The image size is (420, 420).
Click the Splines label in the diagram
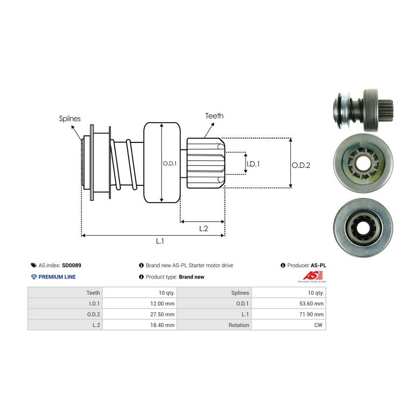[70, 119]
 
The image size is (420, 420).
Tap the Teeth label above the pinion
[214, 116]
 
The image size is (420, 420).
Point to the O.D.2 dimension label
[301, 165]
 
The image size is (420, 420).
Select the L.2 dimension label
[203, 228]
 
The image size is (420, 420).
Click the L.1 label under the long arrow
[160, 241]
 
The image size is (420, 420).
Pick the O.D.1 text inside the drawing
[169, 163]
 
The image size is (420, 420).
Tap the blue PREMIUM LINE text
[57, 277]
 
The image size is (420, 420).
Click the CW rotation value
[319, 325]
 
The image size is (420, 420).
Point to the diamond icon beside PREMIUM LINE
[34, 277]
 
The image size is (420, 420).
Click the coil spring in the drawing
[124, 166]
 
